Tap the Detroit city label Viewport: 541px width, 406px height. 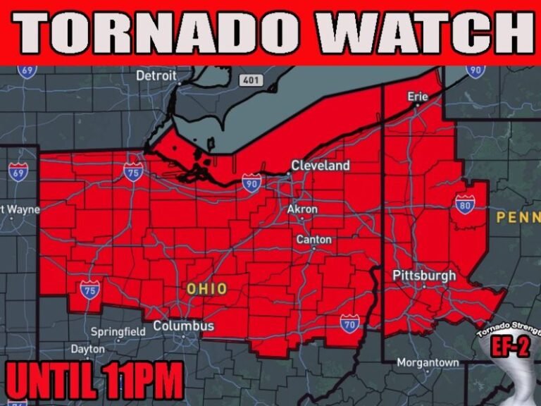(x=156, y=75)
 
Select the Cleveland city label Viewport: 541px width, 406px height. (x=321, y=166)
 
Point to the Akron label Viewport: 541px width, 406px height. (x=303, y=209)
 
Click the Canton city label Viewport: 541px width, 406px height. (x=313, y=240)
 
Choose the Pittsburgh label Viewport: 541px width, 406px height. (x=424, y=275)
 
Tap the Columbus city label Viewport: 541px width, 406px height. (x=183, y=326)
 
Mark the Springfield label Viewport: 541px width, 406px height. (x=118, y=331)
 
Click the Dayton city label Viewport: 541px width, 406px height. (x=87, y=349)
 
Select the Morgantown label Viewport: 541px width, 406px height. (x=428, y=362)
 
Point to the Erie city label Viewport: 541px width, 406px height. (x=418, y=96)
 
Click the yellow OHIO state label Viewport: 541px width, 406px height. (x=207, y=288)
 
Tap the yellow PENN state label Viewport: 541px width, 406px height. (x=518, y=216)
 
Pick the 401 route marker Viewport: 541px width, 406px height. (x=250, y=80)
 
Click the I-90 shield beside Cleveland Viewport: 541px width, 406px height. (x=251, y=184)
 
